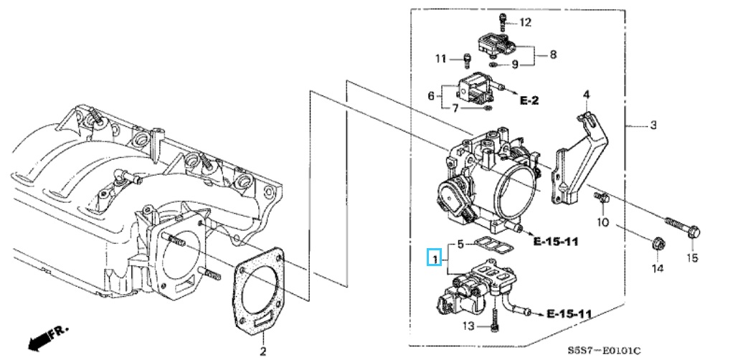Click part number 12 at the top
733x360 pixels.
(x=526, y=22)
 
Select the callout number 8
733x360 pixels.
(x=553, y=55)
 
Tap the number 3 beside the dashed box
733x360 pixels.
(x=653, y=125)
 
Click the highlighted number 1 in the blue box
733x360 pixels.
(x=435, y=258)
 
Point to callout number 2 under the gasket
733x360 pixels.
(x=263, y=351)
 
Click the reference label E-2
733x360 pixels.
(x=529, y=100)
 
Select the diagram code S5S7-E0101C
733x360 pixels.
(x=603, y=350)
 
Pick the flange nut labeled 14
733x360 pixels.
(x=657, y=244)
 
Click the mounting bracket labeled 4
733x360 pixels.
(x=580, y=159)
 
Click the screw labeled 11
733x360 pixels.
(x=466, y=60)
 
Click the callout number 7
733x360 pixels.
(x=455, y=108)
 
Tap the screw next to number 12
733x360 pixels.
(x=503, y=22)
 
